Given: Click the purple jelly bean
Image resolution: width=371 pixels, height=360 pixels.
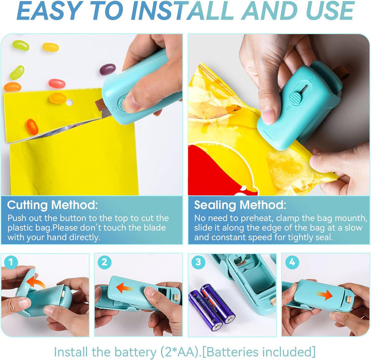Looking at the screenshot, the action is [108, 70].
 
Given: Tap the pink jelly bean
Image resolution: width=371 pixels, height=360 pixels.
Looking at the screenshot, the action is [57, 83].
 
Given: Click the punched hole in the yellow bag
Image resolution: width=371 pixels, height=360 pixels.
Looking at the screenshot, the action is [70, 102].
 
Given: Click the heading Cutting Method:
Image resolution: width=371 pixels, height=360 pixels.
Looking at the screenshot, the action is [52, 205].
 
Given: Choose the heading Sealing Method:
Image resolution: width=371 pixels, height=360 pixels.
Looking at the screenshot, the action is [240, 205].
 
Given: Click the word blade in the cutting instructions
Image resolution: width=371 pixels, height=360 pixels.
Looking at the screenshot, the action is [155, 228].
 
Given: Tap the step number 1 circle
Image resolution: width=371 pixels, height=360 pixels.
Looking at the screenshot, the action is [11, 262].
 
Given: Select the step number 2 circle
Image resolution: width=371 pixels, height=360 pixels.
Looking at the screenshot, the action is [104, 262].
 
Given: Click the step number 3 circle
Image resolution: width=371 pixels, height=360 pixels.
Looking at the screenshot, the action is [198, 262].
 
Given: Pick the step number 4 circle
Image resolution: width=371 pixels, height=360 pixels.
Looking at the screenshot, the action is [292, 262].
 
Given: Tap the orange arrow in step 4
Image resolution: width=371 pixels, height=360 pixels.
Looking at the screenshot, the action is [325, 295].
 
